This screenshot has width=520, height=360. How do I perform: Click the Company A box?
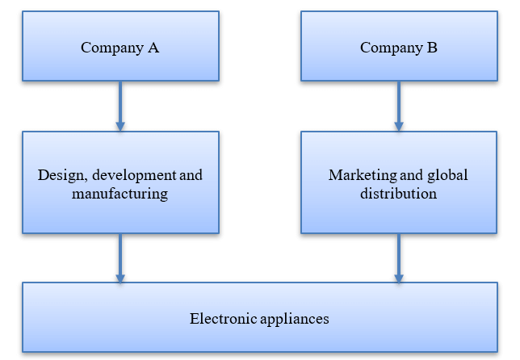tap(120, 46)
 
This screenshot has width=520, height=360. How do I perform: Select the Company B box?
tap(399, 46)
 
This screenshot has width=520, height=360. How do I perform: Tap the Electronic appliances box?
tap(259, 317)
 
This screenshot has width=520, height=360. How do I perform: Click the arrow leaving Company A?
tap(120, 106)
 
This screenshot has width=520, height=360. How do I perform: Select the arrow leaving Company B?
tap(399, 106)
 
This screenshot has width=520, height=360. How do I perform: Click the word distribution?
tap(399, 194)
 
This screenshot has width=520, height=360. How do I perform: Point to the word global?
tap(447, 175)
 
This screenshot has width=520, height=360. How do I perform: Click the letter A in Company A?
tap(153, 48)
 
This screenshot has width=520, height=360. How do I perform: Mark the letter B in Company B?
tap(432, 48)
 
